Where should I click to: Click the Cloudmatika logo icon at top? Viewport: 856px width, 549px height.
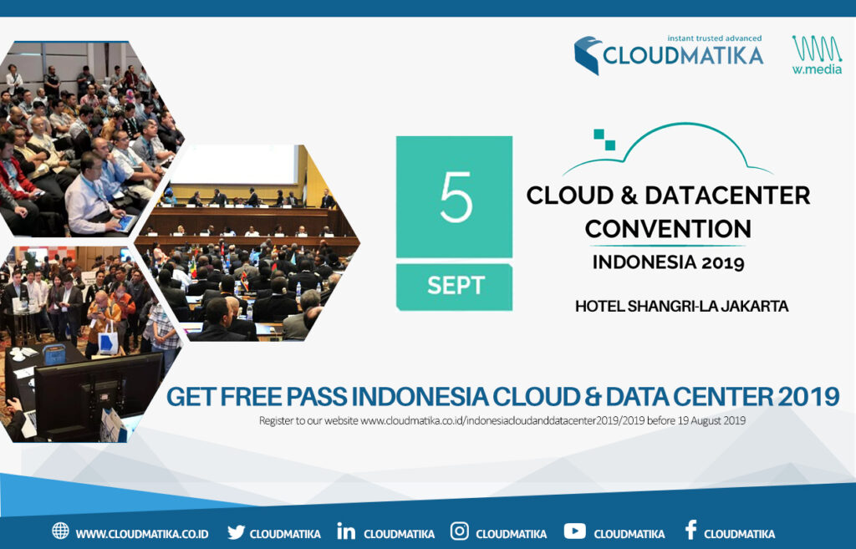click(x=588, y=55)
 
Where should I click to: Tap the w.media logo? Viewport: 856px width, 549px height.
click(x=817, y=54)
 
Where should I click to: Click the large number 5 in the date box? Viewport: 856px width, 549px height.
click(x=456, y=197)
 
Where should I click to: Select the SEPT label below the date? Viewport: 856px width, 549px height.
click(x=456, y=286)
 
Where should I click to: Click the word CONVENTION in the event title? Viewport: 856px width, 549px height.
click(x=668, y=229)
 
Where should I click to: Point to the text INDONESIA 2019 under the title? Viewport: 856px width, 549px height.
click(x=668, y=262)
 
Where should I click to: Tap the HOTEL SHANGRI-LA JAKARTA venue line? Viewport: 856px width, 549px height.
click(x=682, y=306)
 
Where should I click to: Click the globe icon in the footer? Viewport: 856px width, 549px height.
click(x=60, y=531)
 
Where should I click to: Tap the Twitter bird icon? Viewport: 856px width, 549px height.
click(x=236, y=531)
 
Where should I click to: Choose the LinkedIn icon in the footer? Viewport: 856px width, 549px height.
click(x=346, y=531)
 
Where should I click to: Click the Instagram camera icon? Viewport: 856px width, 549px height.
click(x=459, y=531)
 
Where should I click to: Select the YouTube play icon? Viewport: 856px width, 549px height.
click(x=575, y=531)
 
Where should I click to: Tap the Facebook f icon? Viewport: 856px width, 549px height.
click(x=690, y=530)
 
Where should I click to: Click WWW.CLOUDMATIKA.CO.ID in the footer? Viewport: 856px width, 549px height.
click(x=142, y=534)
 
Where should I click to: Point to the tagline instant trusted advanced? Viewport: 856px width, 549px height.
click(x=714, y=38)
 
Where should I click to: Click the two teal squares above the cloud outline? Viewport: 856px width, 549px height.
click(x=604, y=140)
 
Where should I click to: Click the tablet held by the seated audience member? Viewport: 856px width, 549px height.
click(x=125, y=222)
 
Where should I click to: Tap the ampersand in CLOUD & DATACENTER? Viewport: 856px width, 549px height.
click(x=629, y=196)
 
